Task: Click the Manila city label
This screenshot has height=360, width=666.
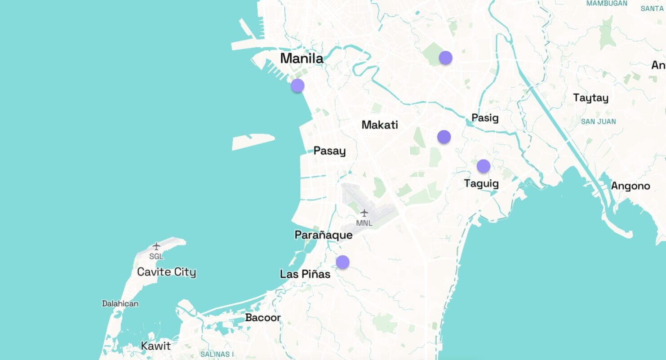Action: coord(302,58)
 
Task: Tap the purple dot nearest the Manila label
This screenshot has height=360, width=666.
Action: coord(297,85)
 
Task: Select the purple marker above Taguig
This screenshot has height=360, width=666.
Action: coord(484,166)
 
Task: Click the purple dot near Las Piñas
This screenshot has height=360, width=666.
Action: coord(342,262)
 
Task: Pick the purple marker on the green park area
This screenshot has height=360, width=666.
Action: coord(445,58)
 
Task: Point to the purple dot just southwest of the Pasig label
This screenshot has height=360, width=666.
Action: coord(444,137)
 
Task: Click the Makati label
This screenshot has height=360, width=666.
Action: coord(380,125)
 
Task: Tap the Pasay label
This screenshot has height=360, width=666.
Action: coord(329,151)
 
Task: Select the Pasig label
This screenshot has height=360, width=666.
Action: coord(485,118)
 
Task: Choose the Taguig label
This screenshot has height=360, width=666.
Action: coord(481,183)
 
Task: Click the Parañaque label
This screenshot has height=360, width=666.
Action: coord(323,235)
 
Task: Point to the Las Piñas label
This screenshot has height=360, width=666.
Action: coord(305,274)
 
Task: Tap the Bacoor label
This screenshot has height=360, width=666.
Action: coord(263,318)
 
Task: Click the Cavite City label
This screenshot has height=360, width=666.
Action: coord(166,272)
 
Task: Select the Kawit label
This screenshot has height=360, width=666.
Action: coord(156,346)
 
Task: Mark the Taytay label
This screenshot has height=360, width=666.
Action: coord(591,98)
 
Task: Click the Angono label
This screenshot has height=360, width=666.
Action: coord(630,186)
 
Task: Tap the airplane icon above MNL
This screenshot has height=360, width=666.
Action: coord(364,213)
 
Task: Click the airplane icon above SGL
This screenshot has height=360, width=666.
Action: coord(156,246)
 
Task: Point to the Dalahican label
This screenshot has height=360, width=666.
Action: coord(120,304)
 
